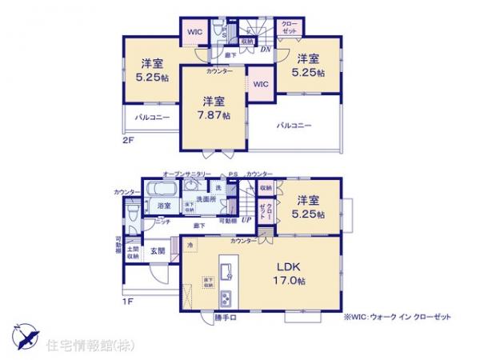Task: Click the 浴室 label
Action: (164, 206)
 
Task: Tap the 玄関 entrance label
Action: (158, 250)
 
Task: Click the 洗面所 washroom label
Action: (208, 199)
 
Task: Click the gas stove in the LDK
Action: (226, 298)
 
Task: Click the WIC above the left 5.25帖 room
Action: (194, 32)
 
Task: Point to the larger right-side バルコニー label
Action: (294, 126)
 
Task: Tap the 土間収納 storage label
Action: (134, 252)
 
